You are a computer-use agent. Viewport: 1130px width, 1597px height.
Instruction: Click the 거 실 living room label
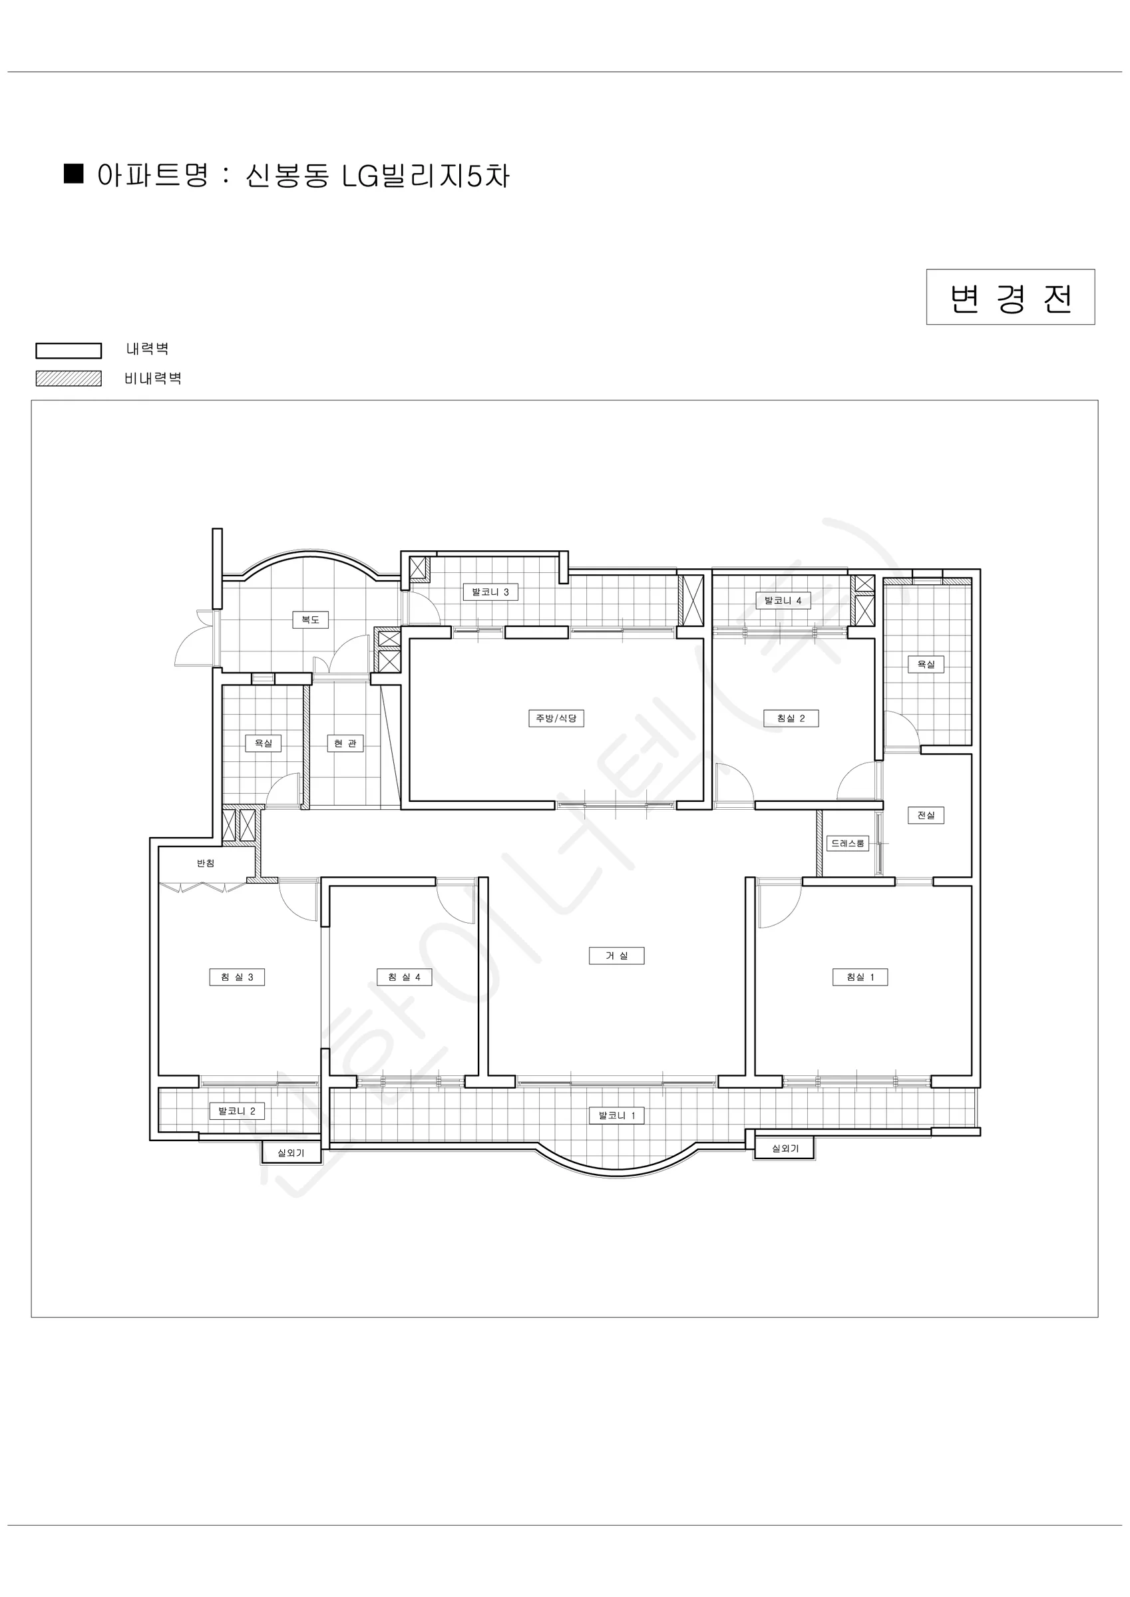click(x=616, y=956)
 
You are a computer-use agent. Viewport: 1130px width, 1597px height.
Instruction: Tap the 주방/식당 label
click(x=556, y=718)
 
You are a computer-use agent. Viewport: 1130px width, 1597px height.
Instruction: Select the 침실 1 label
click(x=860, y=977)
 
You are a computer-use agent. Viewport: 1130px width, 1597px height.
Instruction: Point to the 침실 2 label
click(x=791, y=718)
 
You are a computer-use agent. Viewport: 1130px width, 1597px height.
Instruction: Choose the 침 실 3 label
click(x=238, y=977)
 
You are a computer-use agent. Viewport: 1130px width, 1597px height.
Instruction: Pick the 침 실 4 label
click(x=404, y=977)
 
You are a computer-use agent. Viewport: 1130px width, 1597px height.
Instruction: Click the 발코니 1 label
click(x=617, y=1115)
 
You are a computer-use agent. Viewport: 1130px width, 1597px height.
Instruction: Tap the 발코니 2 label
click(x=238, y=1111)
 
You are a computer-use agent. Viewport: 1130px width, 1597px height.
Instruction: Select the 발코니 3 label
click(x=490, y=592)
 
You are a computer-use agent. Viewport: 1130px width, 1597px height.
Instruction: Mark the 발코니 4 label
click(x=783, y=600)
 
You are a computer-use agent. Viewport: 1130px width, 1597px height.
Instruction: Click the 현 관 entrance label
click(x=345, y=743)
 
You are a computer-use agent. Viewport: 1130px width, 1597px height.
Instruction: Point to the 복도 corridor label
click(x=310, y=619)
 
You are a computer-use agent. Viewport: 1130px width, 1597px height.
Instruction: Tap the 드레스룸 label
click(x=848, y=843)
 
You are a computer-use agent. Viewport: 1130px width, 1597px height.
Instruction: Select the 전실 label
click(x=926, y=814)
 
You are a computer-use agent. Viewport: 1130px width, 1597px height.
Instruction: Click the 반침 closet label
click(x=205, y=863)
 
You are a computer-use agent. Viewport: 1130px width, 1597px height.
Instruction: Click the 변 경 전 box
click(x=1010, y=297)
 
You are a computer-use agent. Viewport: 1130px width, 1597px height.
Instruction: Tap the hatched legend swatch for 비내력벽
click(x=69, y=379)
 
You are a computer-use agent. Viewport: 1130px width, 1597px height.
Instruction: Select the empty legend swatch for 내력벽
click(x=69, y=351)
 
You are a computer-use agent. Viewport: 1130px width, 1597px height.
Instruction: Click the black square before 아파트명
click(x=74, y=173)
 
